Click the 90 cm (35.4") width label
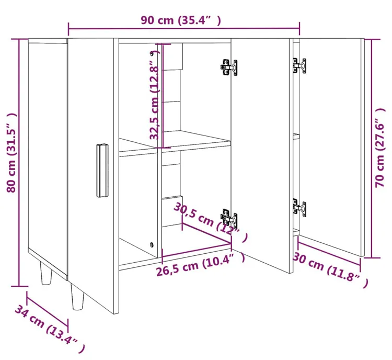tap(181, 20)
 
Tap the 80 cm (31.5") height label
tap(11, 153)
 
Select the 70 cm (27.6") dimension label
tap(380, 148)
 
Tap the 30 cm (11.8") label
tap(330, 270)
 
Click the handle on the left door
tap(102, 171)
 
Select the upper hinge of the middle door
tap(229, 67)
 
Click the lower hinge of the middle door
tap(229, 217)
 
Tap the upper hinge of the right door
tap(299, 66)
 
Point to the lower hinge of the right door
tap(299, 208)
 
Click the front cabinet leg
tap(77, 296)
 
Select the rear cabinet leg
tap(46, 273)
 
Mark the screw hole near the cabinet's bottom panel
tap(152, 244)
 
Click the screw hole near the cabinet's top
tap(152, 53)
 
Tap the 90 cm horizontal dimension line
tap(184, 29)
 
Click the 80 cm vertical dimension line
tap(19, 163)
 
